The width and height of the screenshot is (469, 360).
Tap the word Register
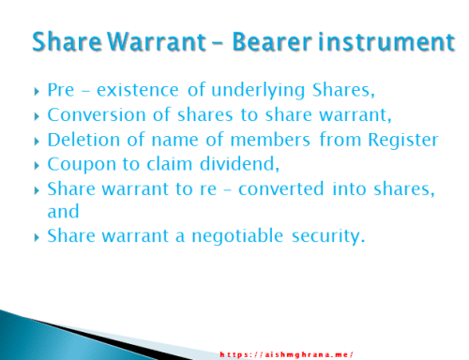404,141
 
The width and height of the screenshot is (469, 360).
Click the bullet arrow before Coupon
36,165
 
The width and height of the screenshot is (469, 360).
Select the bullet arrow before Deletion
36,141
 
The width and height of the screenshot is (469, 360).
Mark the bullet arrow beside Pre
36,93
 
